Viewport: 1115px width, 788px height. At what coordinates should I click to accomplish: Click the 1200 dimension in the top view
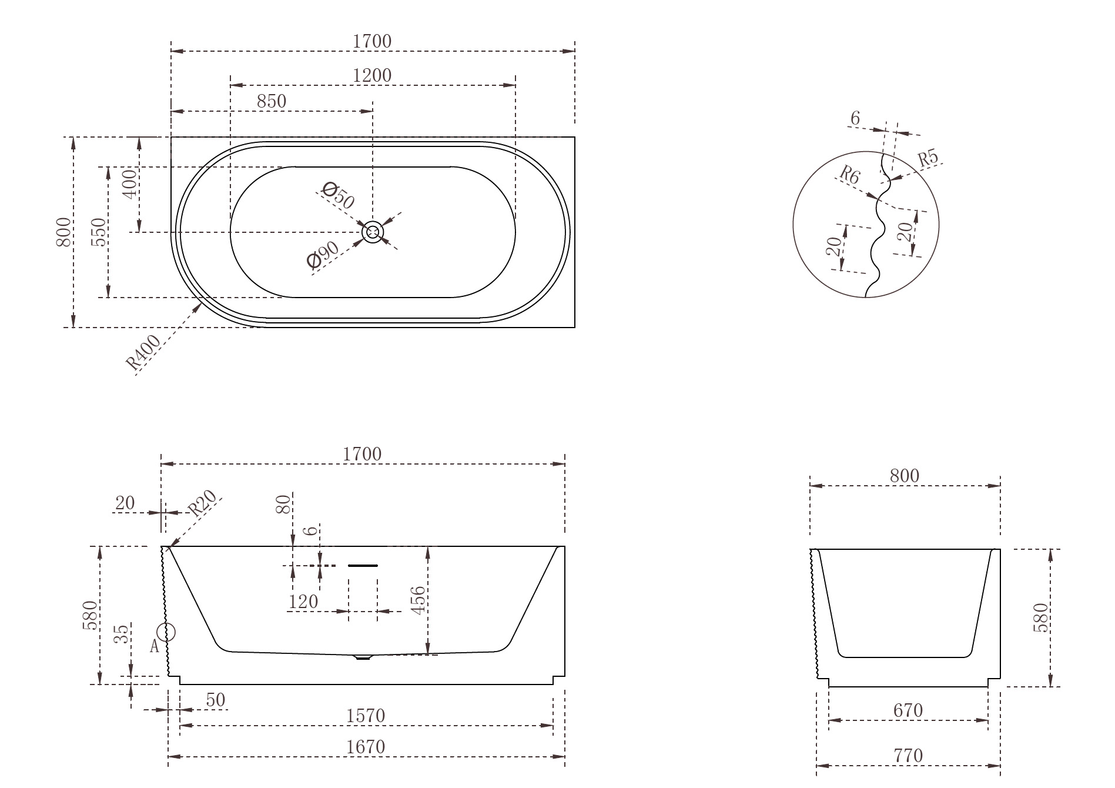(372, 76)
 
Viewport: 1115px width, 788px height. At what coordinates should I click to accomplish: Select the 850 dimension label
(272, 102)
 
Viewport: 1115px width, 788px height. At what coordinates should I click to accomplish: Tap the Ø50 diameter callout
(339, 196)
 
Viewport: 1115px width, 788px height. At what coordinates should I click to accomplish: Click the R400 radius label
(143, 353)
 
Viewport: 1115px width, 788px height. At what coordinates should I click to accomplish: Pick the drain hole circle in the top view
(373, 232)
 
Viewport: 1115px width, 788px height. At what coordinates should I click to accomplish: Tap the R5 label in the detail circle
(928, 158)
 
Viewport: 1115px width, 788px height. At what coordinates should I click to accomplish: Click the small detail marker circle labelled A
(167, 633)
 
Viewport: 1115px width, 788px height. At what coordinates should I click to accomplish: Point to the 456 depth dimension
(417, 600)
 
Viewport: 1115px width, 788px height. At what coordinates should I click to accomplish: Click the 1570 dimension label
(366, 716)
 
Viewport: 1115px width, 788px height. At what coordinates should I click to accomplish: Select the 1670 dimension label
(366, 747)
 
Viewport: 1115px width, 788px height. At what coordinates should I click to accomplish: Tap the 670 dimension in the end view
(908, 710)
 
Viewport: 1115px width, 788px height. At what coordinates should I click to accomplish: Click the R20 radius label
(202, 503)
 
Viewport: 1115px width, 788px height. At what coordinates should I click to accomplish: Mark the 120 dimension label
(303, 602)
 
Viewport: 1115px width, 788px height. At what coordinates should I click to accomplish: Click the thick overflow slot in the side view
(363, 566)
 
